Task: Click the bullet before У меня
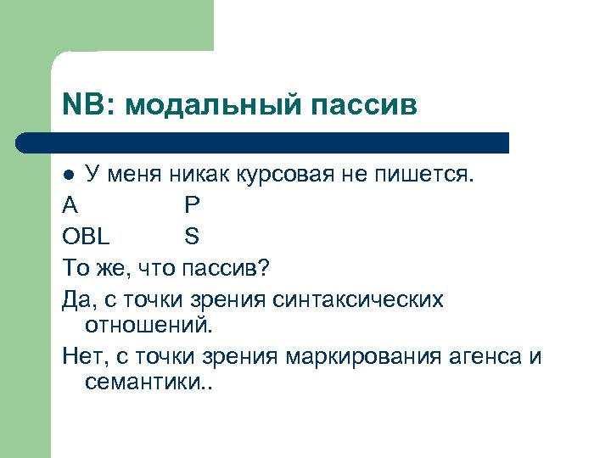[x=70, y=175]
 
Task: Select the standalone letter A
[x=70, y=204]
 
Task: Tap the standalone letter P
[x=191, y=204]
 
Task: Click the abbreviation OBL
[x=86, y=235]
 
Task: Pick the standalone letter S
[x=191, y=235]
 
